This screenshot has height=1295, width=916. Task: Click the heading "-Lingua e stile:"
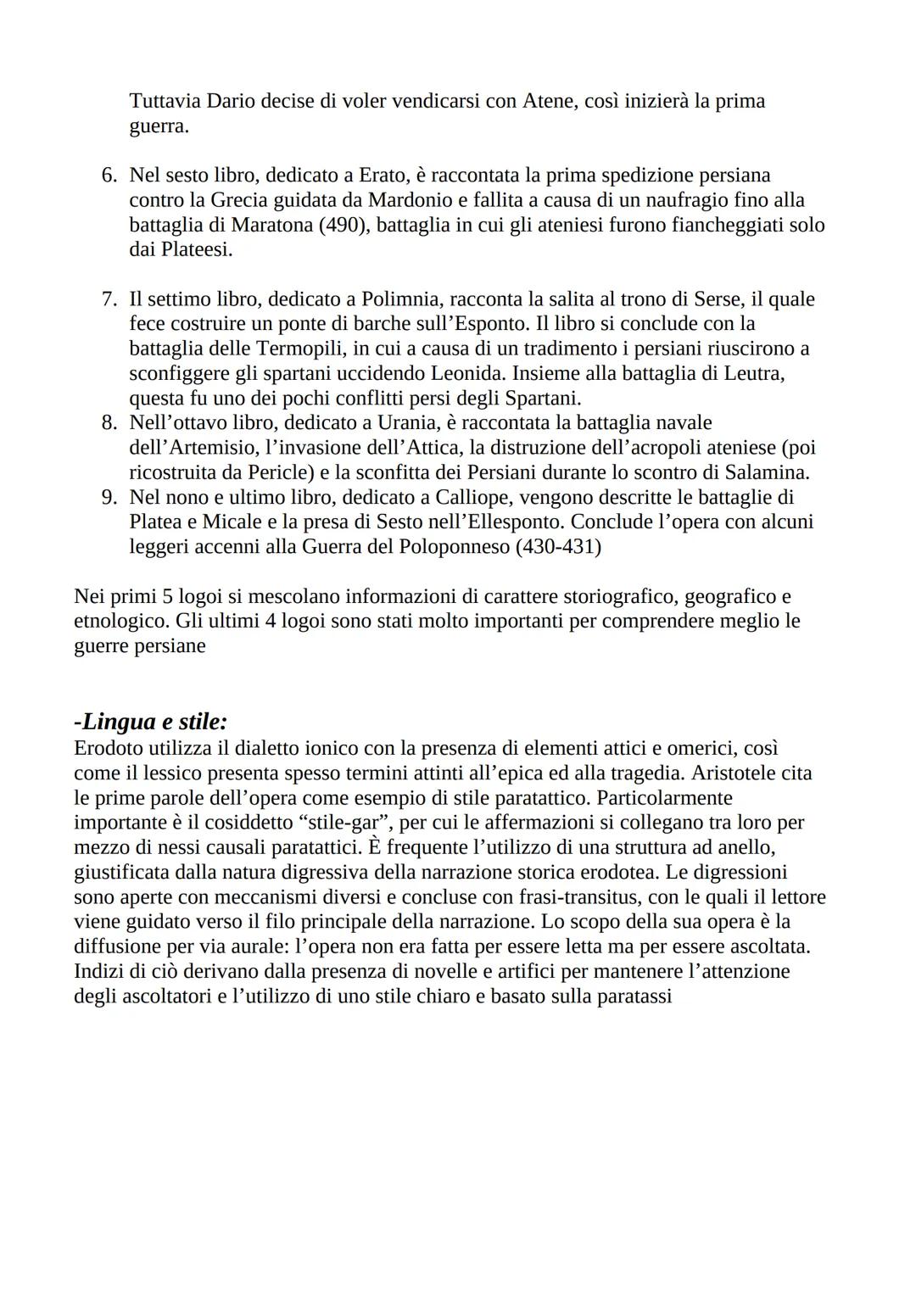[x=151, y=722]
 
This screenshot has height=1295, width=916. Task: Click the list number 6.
[x=109, y=176]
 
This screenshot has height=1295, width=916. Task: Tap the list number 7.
[x=109, y=299]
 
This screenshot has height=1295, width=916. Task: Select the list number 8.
[x=109, y=422]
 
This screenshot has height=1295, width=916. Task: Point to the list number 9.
[x=109, y=497]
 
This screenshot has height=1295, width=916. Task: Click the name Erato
[x=383, y=176]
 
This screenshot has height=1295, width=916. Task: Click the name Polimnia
[x=399, y=299]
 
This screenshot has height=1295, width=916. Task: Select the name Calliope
[x=406, y=497]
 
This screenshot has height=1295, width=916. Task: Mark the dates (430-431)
[x=557, y=547]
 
